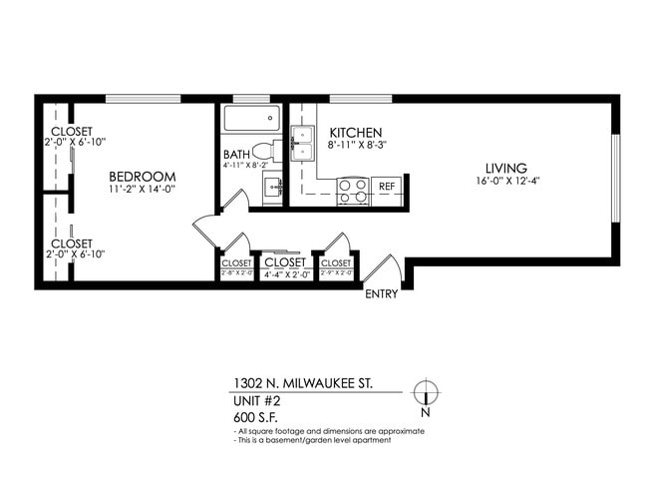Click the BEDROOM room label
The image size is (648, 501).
point(143,176)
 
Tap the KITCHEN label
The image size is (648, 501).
point(356,133)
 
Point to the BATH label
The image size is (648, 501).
point(236,154)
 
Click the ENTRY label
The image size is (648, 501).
point(382,294)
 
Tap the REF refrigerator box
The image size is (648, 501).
point(387,187)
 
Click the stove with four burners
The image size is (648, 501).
point(353,191)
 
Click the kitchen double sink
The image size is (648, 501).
point(303,143)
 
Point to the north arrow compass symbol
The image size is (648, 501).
point(426,392)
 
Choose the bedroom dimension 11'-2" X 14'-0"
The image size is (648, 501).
point(143,190)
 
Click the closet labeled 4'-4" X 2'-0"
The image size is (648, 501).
point(284,263)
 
